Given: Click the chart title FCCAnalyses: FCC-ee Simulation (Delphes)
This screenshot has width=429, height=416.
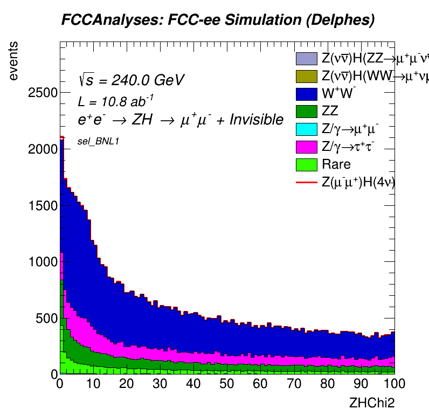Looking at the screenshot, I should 218,20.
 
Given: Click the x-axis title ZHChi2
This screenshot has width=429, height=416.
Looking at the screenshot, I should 372,402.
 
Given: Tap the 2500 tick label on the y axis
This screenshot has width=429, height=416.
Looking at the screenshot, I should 41,93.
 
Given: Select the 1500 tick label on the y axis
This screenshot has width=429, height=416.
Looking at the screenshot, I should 41,205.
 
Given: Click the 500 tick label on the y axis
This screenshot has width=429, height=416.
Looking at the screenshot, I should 45,318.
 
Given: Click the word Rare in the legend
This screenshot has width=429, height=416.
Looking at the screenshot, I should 336,165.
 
